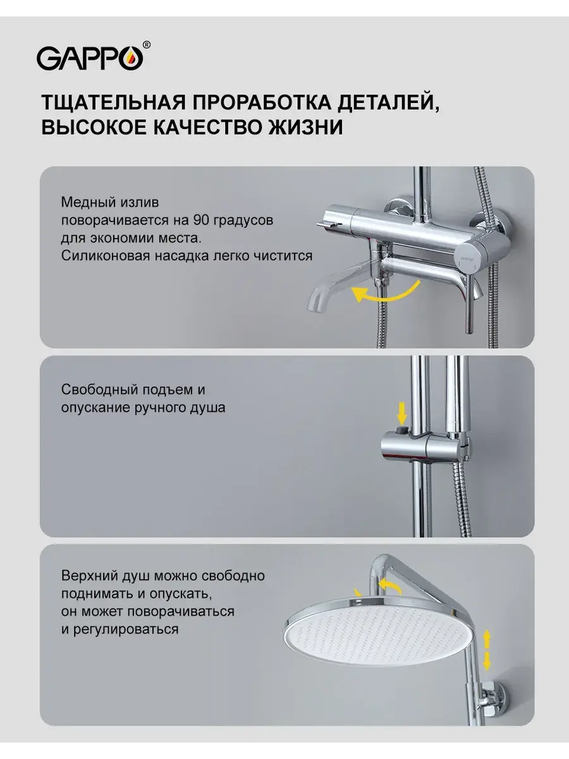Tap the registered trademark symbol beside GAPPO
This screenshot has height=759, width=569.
pyautogui.click(x=147, y=45)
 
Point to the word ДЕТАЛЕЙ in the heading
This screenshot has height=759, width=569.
pyautogui.click(x=389, y=103)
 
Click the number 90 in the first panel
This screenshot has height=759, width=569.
pyautogui.click(x=200, y=220)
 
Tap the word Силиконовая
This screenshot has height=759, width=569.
pyautogui.click(x=105, y=256)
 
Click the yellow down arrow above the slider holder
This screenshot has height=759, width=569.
pyautogui.click(x=402, y=412)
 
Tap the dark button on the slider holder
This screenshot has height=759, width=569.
pyautogui.click(x=402, y=430)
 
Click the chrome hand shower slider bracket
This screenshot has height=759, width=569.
pyautogui.click(x=425, y=447)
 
